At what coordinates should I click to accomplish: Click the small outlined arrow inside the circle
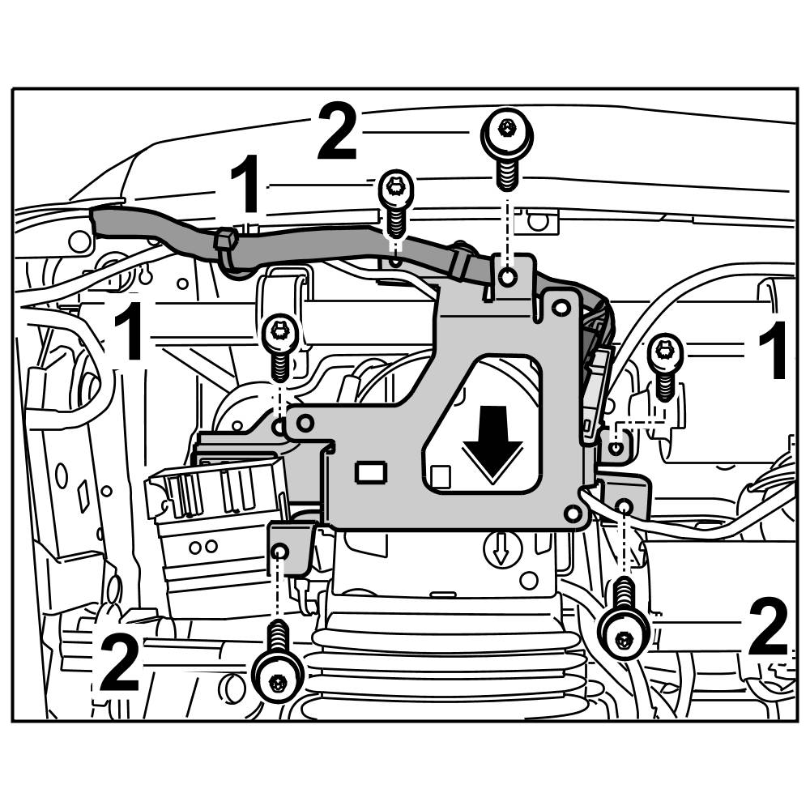point(500,552)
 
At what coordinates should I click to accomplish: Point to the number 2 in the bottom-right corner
point(768,628)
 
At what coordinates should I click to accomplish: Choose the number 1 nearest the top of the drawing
point(245,186)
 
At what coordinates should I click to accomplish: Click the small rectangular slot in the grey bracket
point(370,471)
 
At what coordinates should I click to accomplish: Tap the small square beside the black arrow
point(440,475)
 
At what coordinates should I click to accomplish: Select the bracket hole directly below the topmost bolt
point(507,278)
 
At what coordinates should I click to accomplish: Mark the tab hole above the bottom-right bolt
point(624,506)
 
